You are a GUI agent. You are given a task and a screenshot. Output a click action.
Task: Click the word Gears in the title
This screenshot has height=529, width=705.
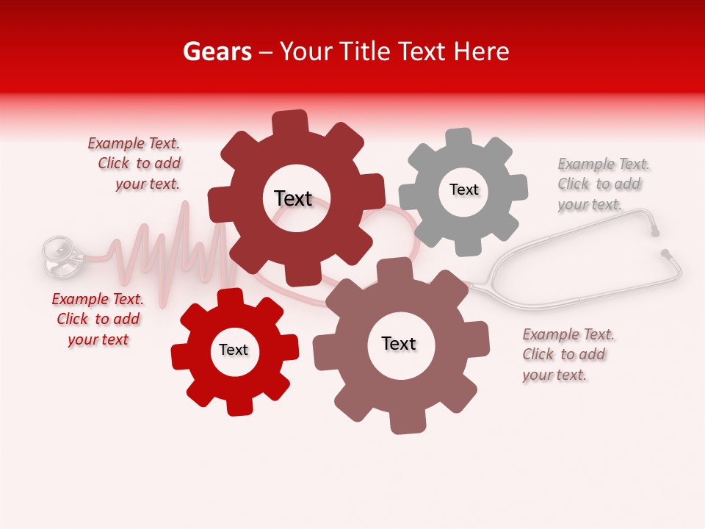point(217,52)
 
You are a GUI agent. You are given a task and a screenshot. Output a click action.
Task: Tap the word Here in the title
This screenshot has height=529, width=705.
point(482,52)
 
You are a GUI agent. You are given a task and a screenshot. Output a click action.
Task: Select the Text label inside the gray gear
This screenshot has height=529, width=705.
point(463,190)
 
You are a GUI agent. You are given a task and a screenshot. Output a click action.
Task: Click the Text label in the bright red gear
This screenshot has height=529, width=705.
point(234,350)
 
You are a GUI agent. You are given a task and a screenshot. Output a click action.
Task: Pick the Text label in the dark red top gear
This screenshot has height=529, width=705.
point(293,198)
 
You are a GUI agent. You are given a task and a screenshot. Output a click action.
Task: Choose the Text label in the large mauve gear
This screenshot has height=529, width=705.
point(399,343)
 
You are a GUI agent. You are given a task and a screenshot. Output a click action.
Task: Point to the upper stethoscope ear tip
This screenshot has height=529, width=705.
point(654,231)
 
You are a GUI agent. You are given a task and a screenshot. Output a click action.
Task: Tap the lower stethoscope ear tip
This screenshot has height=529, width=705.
point(666,254)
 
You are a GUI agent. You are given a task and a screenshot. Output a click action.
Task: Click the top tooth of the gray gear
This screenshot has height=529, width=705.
point(459,137)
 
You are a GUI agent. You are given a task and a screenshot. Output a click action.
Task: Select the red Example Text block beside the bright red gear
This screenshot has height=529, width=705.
point(98,319)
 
